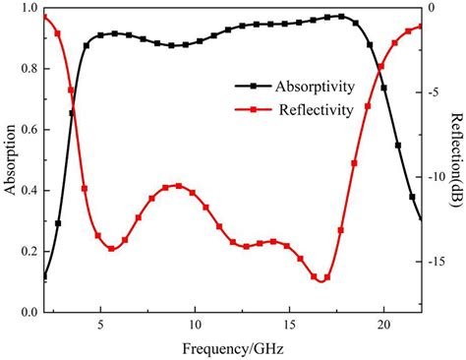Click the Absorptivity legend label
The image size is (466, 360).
(x=308, y=87)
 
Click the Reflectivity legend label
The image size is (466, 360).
(x=308, y=110)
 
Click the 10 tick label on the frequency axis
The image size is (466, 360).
(x=195, y=325)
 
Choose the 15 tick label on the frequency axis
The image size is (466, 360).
(x=289, y=325)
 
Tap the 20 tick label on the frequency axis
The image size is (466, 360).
(x=383, y=325)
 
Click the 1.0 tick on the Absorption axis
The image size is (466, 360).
(x=29, y=9)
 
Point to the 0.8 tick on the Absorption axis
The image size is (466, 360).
(x=29, y=70)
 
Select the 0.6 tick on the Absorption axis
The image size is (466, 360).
(x=29, y=130)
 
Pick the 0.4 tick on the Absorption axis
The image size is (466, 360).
(x=29, y=191)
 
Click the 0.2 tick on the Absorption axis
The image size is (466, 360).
(x=29, y=252)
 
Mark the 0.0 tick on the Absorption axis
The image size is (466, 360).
(x=29, y=312)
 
